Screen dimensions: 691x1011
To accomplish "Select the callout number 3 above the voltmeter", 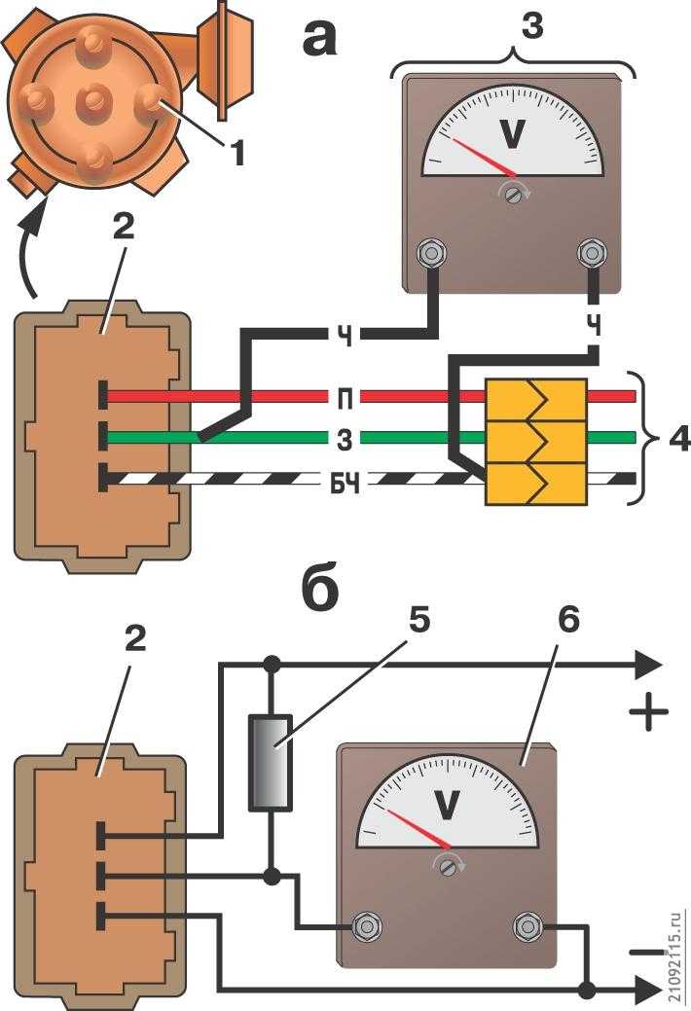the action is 531,25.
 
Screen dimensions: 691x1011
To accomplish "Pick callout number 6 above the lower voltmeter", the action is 567,618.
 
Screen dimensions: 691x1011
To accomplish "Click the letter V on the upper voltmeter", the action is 513,134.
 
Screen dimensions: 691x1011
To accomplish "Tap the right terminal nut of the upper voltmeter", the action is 591,251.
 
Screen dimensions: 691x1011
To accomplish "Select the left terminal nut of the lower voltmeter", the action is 367,927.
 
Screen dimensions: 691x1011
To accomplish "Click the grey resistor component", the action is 271,762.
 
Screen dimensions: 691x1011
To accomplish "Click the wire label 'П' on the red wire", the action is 345,399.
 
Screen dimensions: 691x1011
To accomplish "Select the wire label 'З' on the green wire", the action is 345,440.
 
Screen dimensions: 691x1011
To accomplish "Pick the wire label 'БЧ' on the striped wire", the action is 345,483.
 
